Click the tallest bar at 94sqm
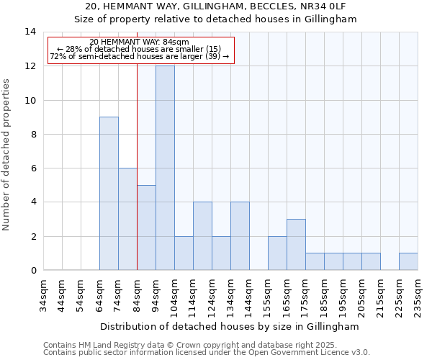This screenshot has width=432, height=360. [x=165, y=168]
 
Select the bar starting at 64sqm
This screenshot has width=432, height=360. [x=109, y=193]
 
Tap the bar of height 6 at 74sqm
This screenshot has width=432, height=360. [x=127, y=219]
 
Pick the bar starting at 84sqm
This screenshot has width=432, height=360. [x=146, y=228]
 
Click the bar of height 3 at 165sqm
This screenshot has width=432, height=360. [x=296, y=244]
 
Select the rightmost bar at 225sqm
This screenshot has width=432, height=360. [x=408, y=261]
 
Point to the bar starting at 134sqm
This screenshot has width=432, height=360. [x=240, y=235]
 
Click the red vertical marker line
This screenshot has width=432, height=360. [x=137, y=166]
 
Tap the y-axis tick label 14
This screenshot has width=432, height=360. [x=30, y=32]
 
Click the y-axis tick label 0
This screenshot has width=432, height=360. [x=33, y=271]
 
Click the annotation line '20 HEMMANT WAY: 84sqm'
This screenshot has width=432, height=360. [x=140, y=42]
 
